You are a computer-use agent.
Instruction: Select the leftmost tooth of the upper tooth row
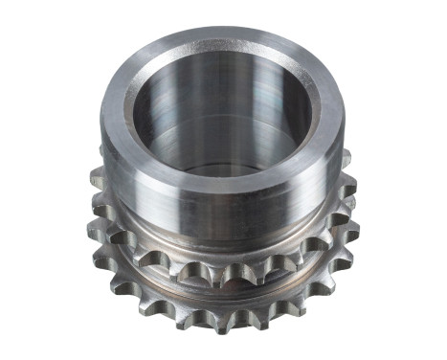(96, 177)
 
